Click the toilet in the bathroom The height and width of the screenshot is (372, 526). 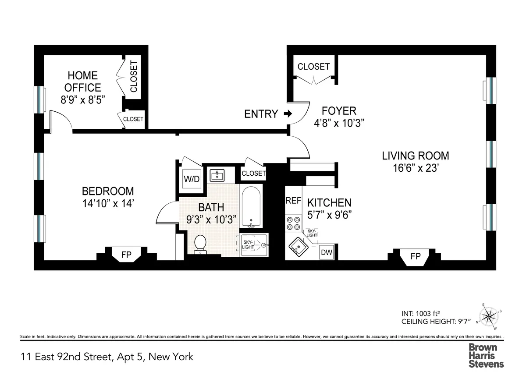point(200,243)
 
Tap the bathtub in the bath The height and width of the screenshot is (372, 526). point(251,207)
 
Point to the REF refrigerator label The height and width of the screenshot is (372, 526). point(293,201)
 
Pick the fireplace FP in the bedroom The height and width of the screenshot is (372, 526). point(126,255)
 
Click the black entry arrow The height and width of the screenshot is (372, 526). point(288,114)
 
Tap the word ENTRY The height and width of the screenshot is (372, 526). point(261,114)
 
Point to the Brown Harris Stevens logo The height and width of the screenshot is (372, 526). point(486,355)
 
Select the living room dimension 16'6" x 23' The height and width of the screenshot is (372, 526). point(415,169)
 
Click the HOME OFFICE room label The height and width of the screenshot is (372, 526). point(83,81)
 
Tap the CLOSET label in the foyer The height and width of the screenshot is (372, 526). point(313,67)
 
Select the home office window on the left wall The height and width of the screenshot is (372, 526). point(40,99)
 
